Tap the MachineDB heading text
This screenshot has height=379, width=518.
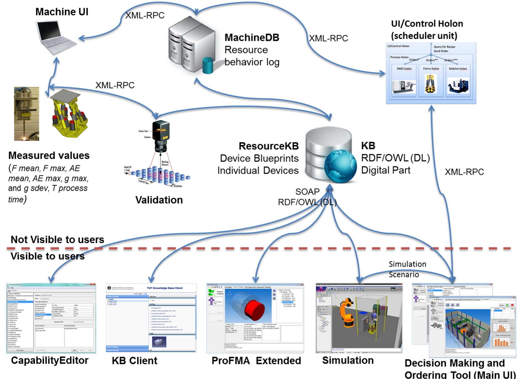(252, 37)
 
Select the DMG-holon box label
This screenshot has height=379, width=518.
(404, 69)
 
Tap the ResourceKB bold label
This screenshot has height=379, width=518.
(268, 146)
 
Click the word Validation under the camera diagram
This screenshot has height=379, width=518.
(159, 200)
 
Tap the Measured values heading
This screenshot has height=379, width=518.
(49, 155)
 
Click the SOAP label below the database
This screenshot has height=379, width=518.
(307, 191)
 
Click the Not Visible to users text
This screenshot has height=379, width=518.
(57, 240)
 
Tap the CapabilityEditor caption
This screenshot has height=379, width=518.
(50, 361)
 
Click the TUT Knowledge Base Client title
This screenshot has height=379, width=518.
(165, 288)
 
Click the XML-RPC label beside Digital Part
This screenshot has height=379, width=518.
(464, 172)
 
